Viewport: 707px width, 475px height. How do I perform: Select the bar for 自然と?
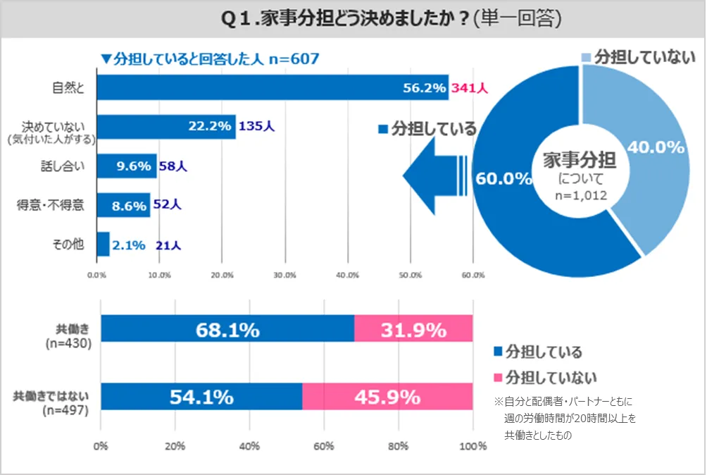click(x=272, y=87)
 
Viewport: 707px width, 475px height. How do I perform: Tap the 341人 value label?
click(x=470, y=88)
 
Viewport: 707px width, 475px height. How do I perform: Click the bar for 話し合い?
click(x=127, y=166)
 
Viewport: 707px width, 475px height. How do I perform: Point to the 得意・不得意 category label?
click(x=51, y=206)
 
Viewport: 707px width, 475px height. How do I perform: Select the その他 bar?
click(x=103, y=245)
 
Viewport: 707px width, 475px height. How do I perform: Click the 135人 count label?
click(x=257, y=127)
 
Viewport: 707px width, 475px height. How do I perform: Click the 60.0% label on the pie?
click(x=503, y=178)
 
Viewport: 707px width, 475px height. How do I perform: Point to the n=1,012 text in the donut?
click(x=579, y=195)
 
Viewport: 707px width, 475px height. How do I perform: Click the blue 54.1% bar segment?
click(x=201, y=397)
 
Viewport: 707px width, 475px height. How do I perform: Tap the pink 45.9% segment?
click(x=387, y=397)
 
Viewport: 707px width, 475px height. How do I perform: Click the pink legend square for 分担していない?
click(x=499, y=376)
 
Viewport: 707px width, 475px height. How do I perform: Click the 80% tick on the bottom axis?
click(x=399, y=446)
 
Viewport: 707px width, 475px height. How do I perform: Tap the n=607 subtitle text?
click(x=294, y=58)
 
